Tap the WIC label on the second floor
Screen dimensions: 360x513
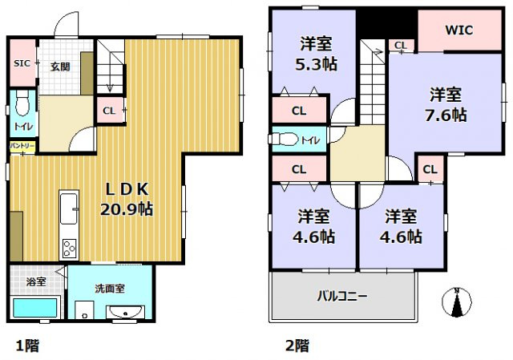coord(459,30)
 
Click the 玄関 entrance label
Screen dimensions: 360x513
coord(59,67)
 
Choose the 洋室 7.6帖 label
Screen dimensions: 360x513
coord(445,104)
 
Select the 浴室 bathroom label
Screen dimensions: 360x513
coord(35,282)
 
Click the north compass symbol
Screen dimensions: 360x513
coord(458,302)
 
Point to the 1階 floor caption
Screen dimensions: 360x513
coord(26,346)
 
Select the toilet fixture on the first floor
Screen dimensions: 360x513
coord(22,103)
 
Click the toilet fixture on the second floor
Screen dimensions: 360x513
coord(283,140)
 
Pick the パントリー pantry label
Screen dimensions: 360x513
coord(22,146)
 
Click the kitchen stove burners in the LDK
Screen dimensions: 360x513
coord(69,248)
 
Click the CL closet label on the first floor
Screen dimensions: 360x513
coord(110,111)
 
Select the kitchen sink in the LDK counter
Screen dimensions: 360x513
coord(69,206)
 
